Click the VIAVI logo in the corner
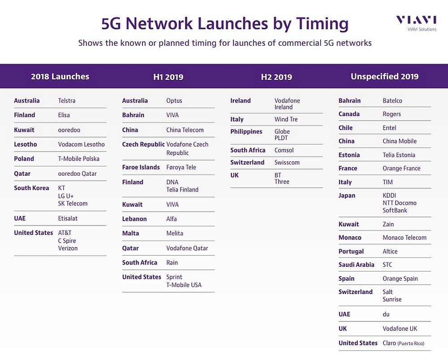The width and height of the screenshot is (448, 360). (416, 23)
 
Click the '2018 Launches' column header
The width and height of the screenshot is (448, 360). (60, 77)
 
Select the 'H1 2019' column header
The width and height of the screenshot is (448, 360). (168, 77)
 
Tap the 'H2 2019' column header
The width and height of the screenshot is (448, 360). (276, 77)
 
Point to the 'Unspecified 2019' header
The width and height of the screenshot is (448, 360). (384, 77)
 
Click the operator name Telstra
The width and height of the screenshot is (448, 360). (67, 101)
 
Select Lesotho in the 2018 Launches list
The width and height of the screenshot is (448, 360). (26, 144)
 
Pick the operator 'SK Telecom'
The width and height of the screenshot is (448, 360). (73, 204)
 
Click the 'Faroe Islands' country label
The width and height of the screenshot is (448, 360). (141, 167)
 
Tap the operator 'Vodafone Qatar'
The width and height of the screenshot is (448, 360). (187, 248)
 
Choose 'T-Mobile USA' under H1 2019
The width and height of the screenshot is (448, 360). (184, 285)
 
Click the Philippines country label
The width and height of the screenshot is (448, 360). (246, 131)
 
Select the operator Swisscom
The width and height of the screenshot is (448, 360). (287, 162)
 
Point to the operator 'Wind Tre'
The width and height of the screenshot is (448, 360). (286, 119)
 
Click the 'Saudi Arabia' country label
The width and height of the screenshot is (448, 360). (356, 265)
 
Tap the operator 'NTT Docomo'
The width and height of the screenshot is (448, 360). (400, 203)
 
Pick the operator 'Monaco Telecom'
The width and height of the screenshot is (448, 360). (405, 238)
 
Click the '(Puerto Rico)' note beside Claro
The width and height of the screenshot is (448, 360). (411, 343)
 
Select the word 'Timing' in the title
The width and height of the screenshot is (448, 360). (322, 24)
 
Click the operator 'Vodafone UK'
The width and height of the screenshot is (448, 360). (400, 329)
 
